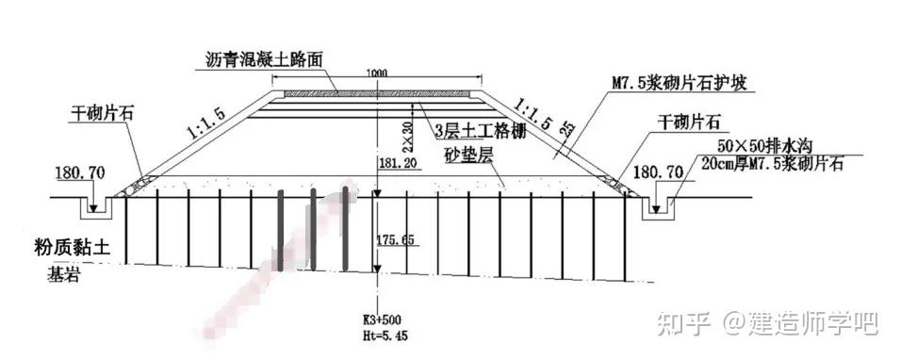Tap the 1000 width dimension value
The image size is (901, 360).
pos(377,74)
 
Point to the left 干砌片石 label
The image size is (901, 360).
pos(103,111)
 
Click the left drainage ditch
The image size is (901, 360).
pos(95,205)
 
